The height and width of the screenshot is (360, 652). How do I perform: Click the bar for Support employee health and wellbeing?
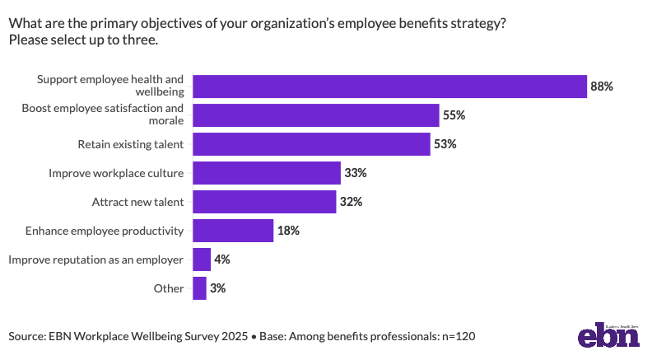389,86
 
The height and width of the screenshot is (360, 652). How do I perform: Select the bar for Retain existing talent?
311,144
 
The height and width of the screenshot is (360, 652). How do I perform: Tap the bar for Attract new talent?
264,202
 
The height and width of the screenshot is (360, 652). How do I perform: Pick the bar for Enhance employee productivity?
233,231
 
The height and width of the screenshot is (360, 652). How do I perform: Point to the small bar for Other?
199,288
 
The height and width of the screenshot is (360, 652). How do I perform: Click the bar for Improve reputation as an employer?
202,259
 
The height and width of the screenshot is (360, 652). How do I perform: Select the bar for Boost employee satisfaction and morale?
316,115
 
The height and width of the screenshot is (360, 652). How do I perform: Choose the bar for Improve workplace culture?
267,173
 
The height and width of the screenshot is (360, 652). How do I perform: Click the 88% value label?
602,86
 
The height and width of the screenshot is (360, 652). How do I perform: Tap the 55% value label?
454,115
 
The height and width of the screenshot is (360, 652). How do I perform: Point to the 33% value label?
356,173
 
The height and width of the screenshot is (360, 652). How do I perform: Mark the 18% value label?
289,231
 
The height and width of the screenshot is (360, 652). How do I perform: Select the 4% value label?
222,259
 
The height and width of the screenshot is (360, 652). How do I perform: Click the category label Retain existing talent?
131,144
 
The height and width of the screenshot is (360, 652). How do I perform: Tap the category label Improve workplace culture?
116,173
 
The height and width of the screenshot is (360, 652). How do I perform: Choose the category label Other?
169,288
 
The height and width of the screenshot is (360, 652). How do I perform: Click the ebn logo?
608,335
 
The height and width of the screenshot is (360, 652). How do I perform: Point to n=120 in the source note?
459,336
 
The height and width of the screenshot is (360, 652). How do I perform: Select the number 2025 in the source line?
235,336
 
